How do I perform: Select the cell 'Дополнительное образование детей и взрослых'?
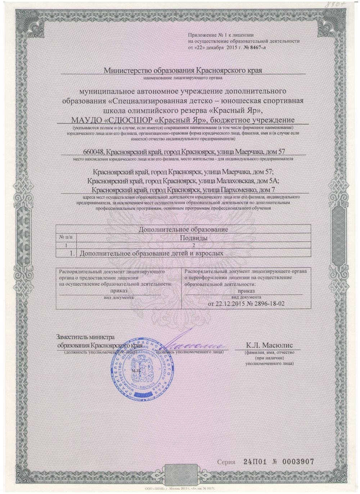(x=149, y=253)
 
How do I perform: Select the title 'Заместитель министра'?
(x=85, y=337)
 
